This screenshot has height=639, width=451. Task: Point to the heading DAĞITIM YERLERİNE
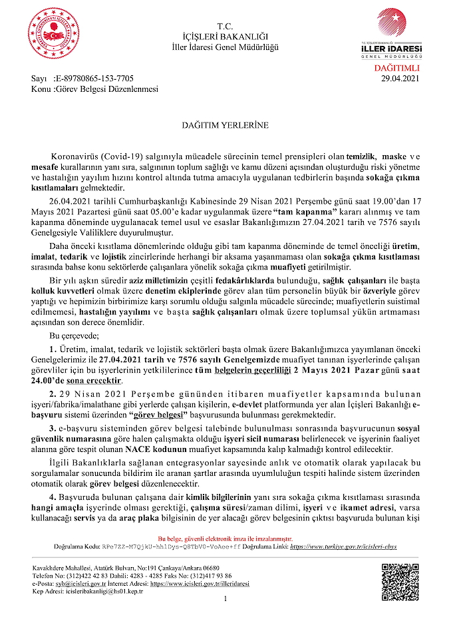225,124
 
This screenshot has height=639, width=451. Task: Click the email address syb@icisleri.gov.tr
85,582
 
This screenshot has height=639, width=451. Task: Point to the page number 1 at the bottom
225,599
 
